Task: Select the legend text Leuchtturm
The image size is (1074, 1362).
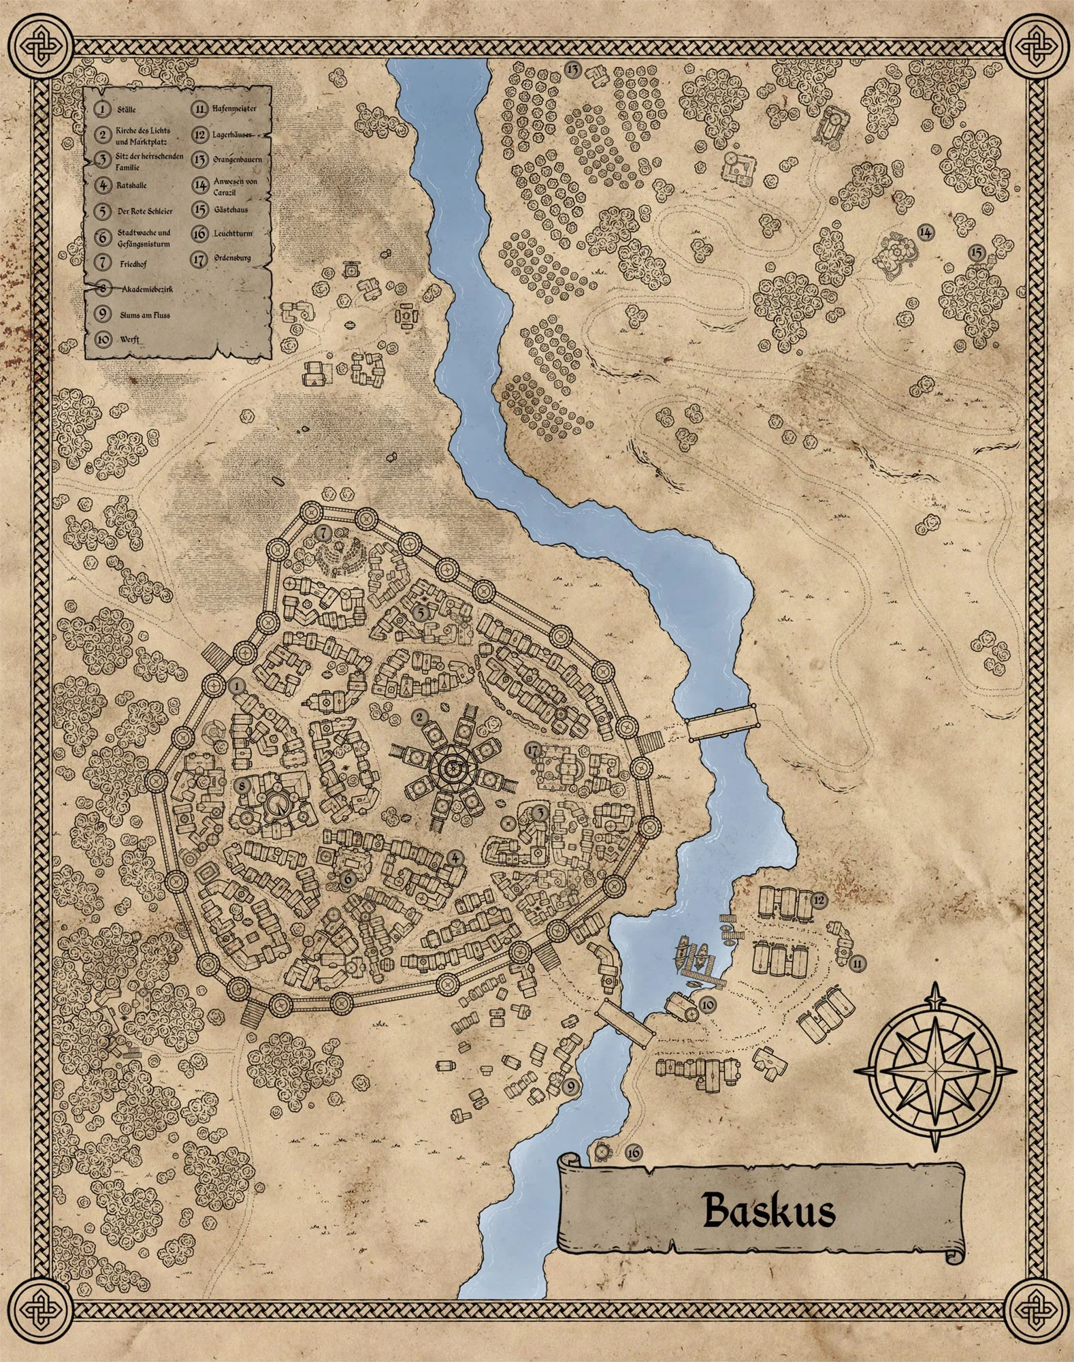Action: [x=232, y=234]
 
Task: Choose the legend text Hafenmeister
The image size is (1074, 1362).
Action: [x=233, y=108]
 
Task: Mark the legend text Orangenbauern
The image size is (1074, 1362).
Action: [x=236, y=159]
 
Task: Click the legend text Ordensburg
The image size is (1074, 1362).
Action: [x=231, y=259]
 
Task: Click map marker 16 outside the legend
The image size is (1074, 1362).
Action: [x=633, y=1152]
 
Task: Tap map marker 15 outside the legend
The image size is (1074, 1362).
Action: [x=977, y=252]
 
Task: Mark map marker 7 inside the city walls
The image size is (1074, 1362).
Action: [x=323, y=531]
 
